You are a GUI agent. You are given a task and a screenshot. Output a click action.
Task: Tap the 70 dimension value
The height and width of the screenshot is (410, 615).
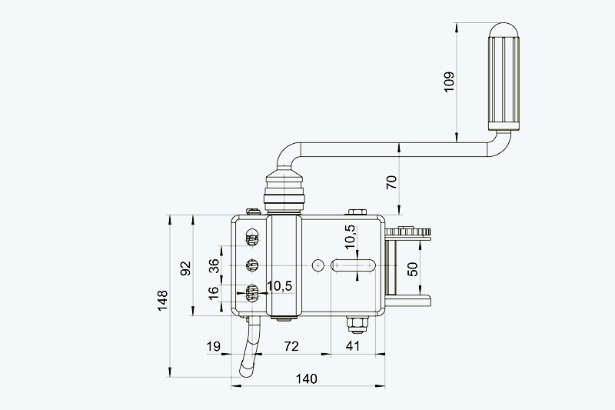391,182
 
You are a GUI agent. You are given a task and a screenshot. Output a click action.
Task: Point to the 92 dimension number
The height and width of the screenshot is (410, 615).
185,268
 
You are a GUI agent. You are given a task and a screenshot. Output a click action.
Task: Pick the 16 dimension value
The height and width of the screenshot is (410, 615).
214,292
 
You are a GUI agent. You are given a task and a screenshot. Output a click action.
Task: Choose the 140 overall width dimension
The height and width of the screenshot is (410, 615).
306,378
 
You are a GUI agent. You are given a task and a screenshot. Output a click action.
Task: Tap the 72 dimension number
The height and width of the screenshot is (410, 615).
291,347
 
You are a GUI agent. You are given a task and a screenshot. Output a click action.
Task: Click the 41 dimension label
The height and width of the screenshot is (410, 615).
352,347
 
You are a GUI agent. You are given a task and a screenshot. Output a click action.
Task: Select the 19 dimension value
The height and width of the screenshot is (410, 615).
214,347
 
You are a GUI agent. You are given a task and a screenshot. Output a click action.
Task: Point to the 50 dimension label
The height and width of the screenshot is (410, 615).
412,269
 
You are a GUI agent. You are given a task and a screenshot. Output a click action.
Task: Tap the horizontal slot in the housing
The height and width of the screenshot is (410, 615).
353,265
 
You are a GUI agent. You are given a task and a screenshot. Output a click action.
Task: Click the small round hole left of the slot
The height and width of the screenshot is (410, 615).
318,265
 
